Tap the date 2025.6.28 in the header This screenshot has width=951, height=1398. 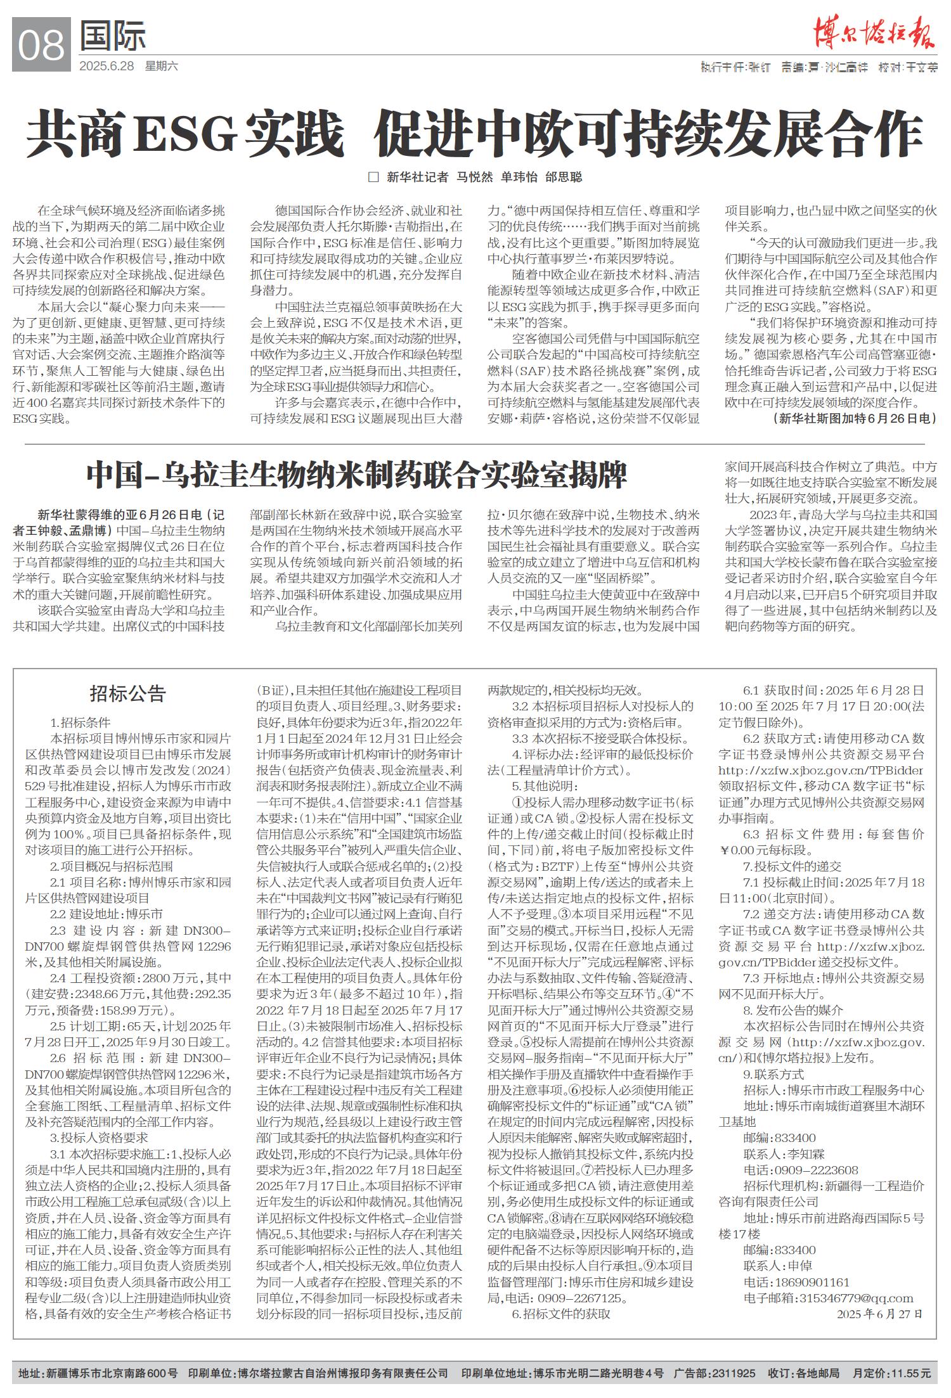(x=107, y=66)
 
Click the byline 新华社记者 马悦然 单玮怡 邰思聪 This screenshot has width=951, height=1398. (x=484, y=177)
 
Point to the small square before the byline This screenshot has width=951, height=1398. (x=373, y=177)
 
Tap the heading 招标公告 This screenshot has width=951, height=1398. (x=127, y=694)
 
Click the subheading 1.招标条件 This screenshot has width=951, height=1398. (x=81, y=722)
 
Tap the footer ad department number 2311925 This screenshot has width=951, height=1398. (x=734, y=1373)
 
